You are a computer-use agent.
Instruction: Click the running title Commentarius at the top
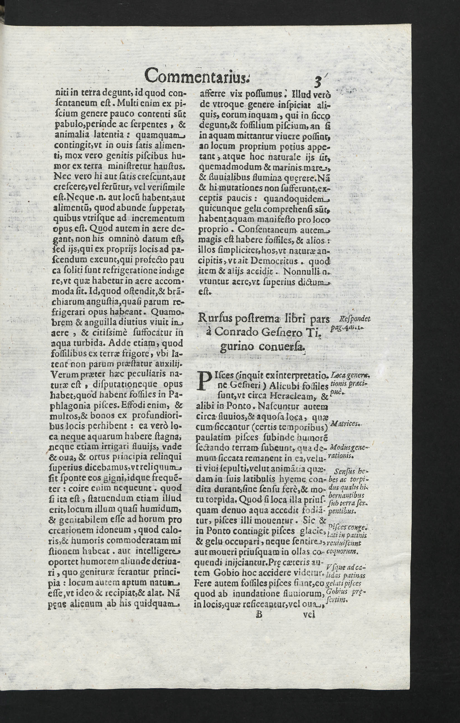coord(196,76)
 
